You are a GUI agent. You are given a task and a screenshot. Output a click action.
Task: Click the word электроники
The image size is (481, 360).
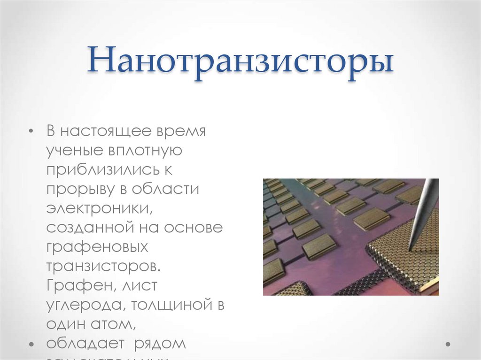click(x=98, y=209)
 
